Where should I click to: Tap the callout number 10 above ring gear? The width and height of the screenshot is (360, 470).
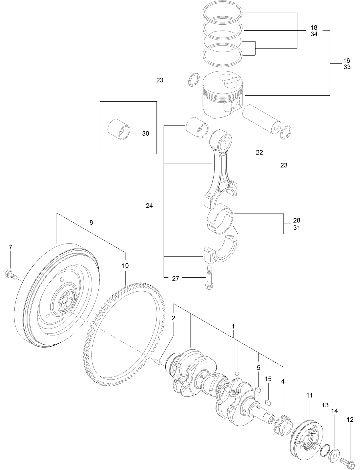point(125,266)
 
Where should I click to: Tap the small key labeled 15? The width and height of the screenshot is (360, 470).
point(268,402)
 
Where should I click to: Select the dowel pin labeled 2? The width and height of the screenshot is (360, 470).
point(158,363)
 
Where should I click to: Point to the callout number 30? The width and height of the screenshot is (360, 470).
point(146,134)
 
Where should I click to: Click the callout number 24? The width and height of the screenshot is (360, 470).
point(149,206)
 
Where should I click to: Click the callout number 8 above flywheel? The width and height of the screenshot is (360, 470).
point(91,222)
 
